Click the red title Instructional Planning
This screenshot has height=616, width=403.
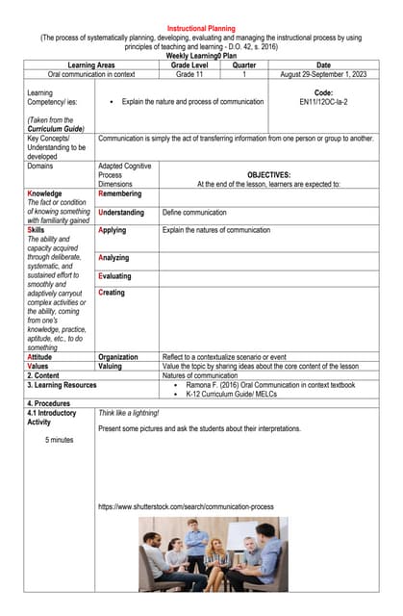click(x=201, y=29)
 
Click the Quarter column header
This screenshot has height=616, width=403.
click(x=244, y=64)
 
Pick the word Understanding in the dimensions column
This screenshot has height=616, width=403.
click(x=121, y=213)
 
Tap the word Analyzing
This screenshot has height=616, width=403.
click(x=114, y=258)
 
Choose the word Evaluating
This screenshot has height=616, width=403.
click(x=114, y=276)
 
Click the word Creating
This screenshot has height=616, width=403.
click(x=112, y=293)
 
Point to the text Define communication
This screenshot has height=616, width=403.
click(x=194, y=213)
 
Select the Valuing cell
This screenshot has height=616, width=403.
click(x=111, y=366)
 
